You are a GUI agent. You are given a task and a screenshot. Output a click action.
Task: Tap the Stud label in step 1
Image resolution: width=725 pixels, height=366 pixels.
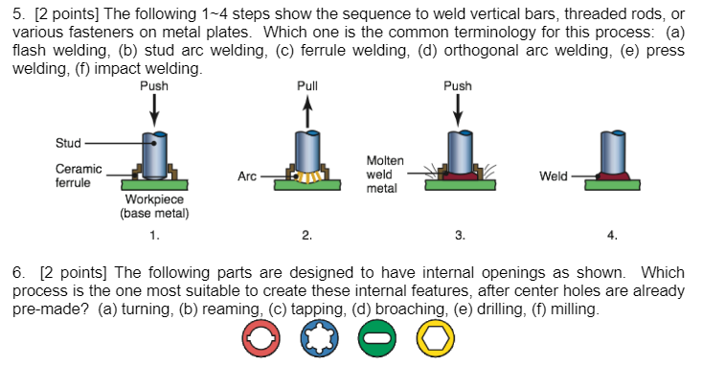(x=69, y=144)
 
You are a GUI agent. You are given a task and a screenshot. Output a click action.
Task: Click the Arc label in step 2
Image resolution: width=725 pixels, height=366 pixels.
(x=247, y=176)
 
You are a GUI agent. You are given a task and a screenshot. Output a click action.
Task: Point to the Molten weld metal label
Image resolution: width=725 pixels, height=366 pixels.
(x=384, y=174)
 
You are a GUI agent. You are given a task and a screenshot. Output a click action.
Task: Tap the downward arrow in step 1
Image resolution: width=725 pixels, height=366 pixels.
(x=154, y=112)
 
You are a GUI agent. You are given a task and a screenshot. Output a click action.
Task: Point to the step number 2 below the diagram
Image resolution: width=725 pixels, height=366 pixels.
(x=306, y=235)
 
